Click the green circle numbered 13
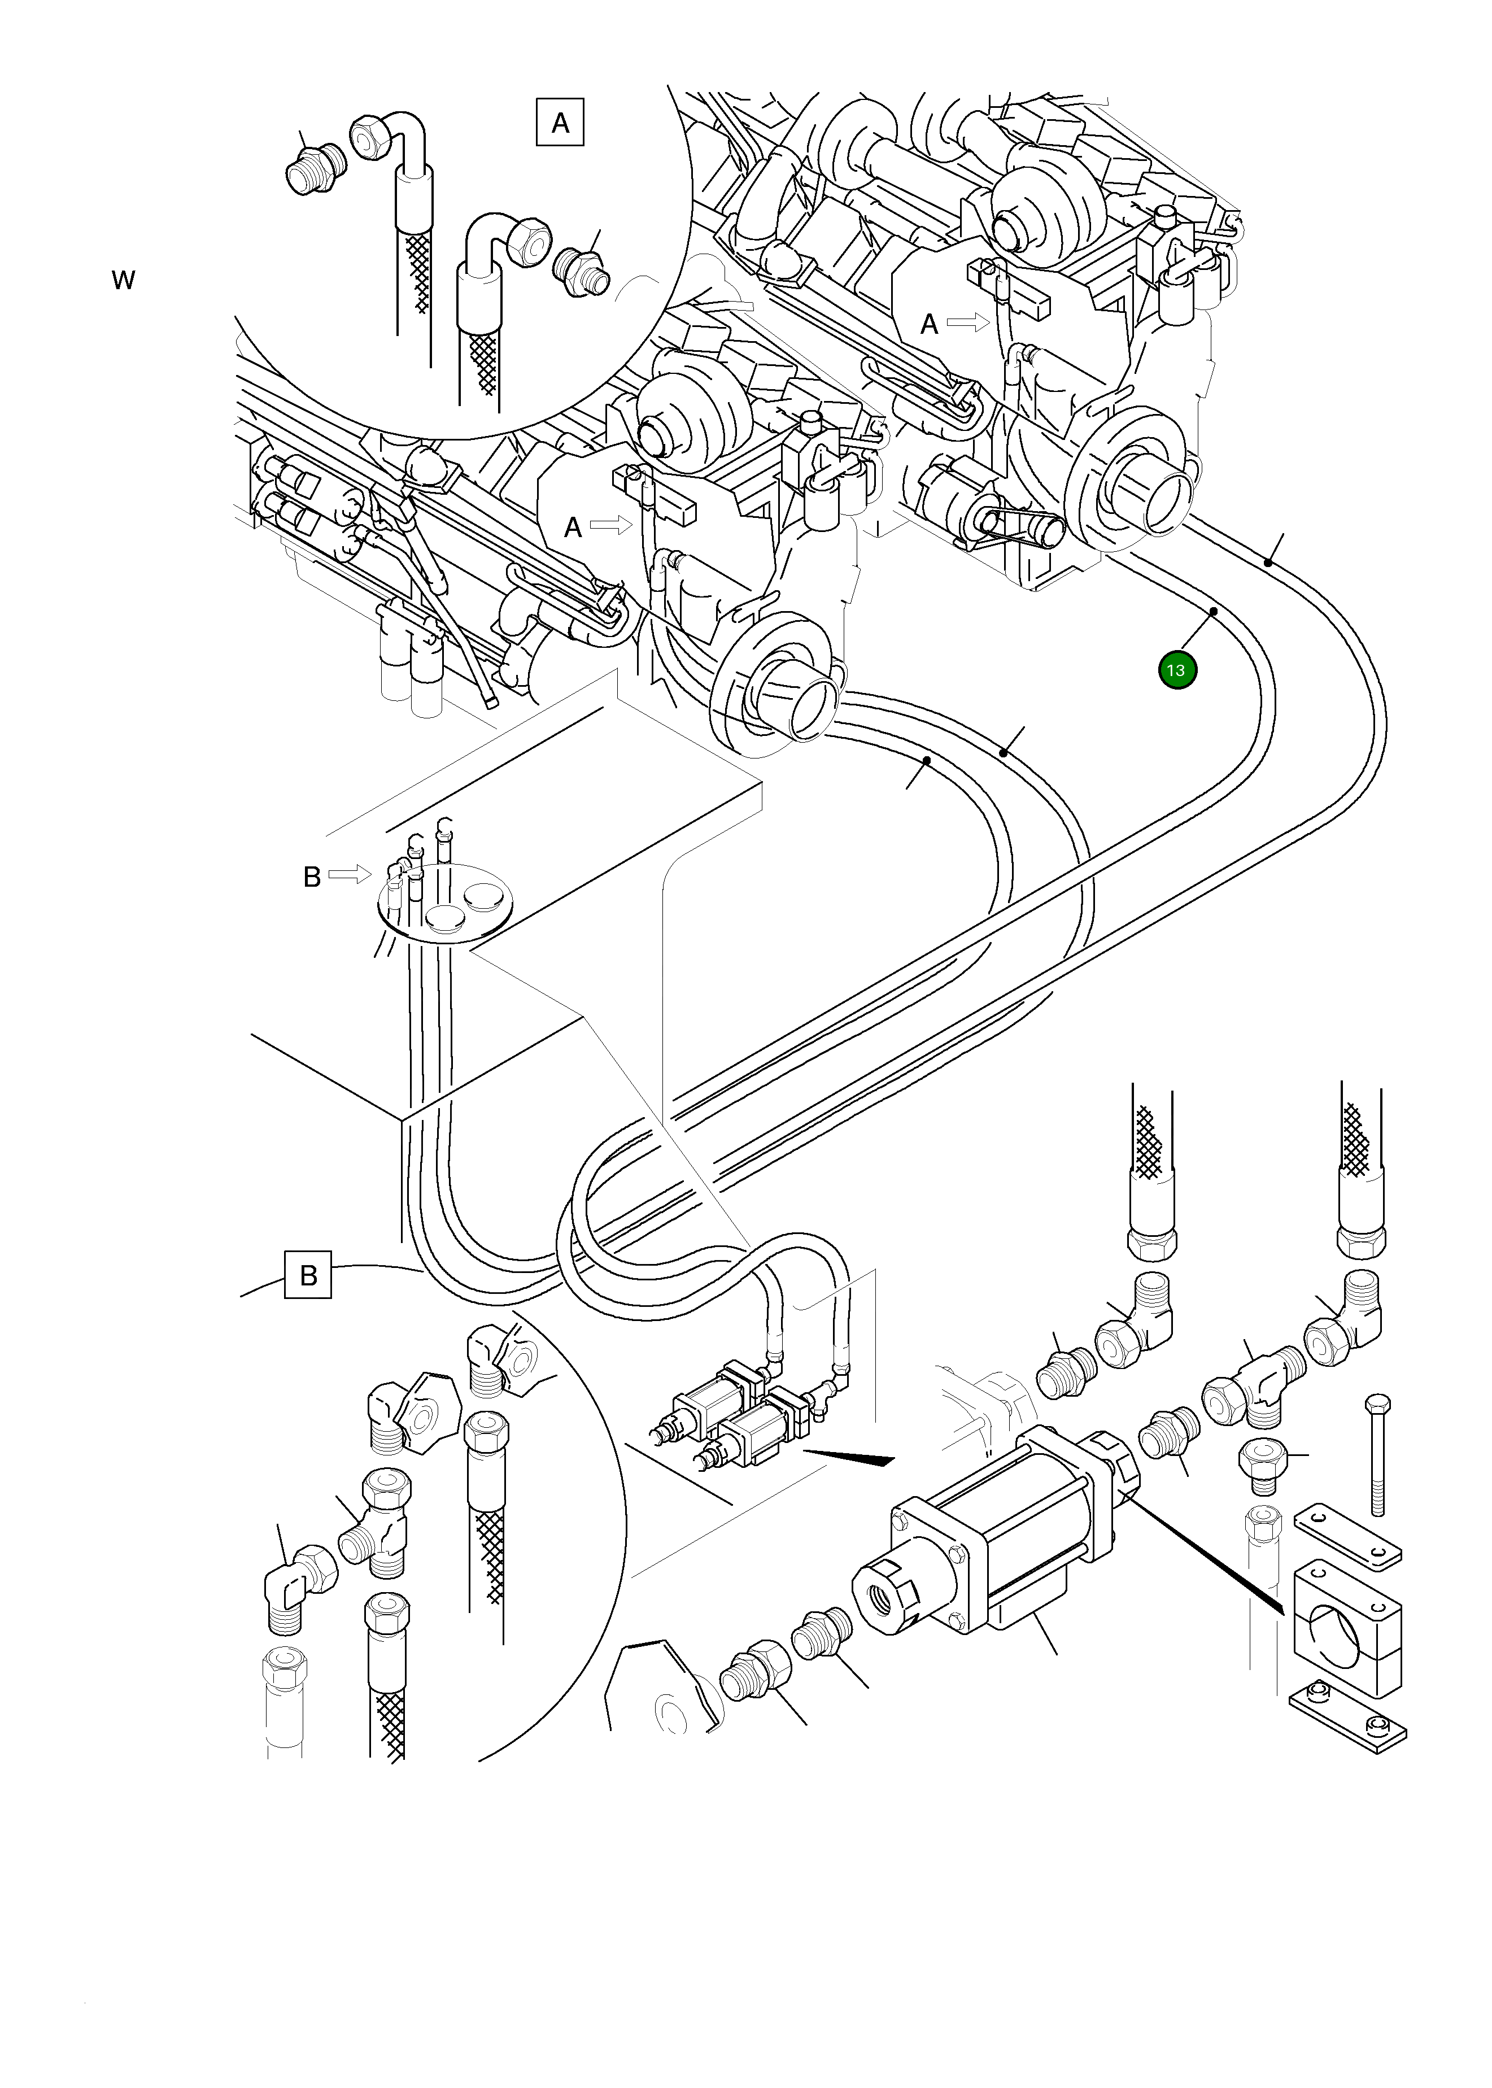(1177, 670)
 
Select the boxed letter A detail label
(560, 122)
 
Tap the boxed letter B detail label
(308, 1275)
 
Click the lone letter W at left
(123, 280)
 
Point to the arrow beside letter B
(349, 874)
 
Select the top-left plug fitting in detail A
(312, 171)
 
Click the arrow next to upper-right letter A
(969, 322)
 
